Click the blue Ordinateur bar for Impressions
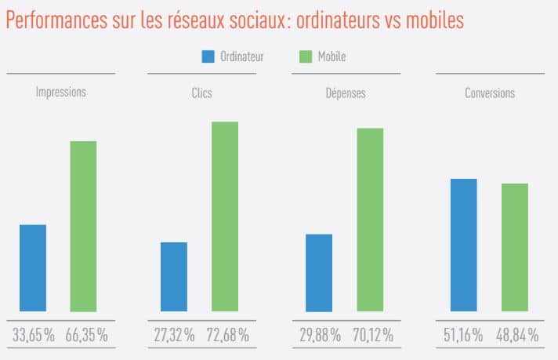point(33,268)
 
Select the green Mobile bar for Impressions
point(83,227)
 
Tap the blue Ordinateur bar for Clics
point(174,277)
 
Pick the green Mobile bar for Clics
point(225,216)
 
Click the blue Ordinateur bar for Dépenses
point(319,273)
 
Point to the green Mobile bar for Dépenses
point(370,220)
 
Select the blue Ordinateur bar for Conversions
point(463,245)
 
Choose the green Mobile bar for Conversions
point(515,247)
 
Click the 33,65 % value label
point(34,335)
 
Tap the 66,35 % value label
point(86,335)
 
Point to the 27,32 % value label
point(175,335)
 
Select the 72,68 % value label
point(227,335)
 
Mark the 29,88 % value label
point(319,335)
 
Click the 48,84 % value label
point(517,335)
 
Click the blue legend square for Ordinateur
point(208,56)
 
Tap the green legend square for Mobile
point(306,56)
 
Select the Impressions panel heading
point(60,93)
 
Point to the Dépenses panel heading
point(346,93)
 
